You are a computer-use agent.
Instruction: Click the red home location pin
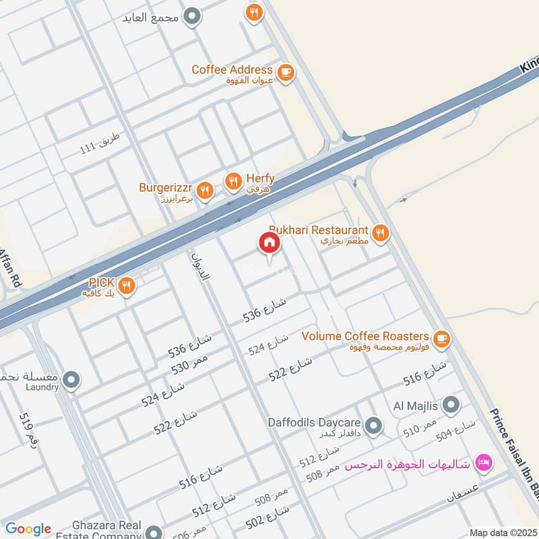(x=269, y=243)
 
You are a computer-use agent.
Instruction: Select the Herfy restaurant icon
(x=232, y=180)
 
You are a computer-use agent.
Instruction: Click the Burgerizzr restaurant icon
(x=205, y=191)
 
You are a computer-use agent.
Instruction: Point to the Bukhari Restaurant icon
(x=381, y=233)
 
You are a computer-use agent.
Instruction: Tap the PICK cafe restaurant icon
(x=127, y=286)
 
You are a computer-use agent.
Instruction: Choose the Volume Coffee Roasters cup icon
(x=442, y=338)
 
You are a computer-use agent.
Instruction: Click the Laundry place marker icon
(x=71, y=381)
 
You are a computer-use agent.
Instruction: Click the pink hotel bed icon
(x=482, y=462)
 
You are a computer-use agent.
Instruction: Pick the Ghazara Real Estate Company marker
(x=154, y=532)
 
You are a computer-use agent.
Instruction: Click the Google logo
(x=28, y=529)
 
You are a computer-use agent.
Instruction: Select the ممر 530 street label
(x=190, y=363)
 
